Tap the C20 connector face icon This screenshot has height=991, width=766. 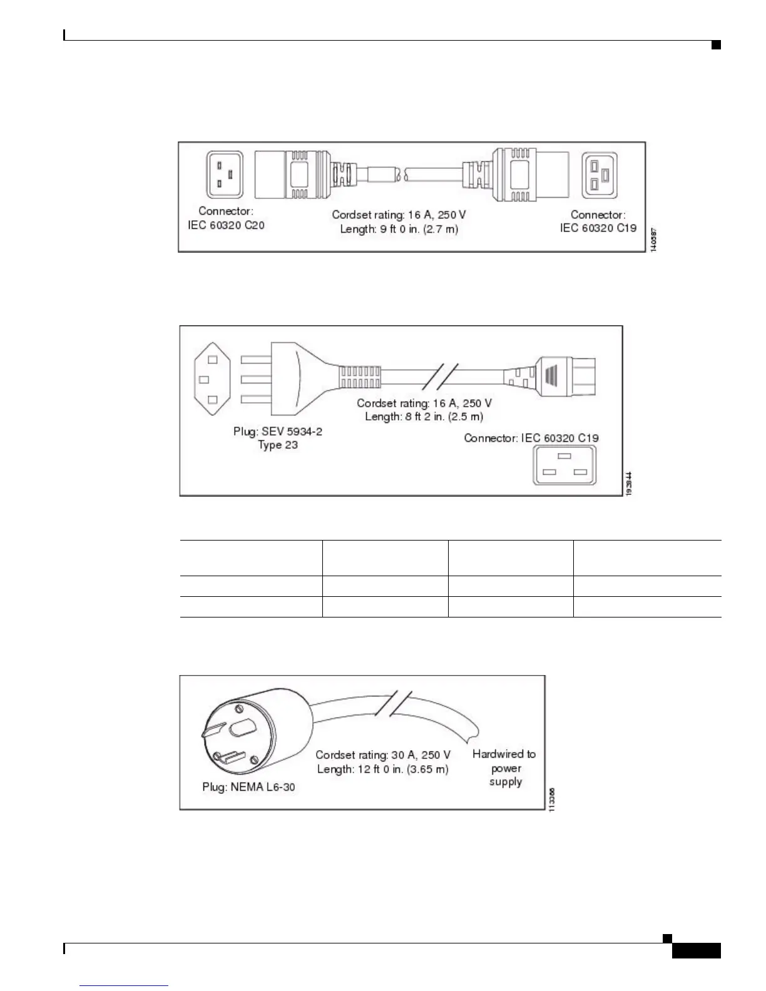tap(224, 175)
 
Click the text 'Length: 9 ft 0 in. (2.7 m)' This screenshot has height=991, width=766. tap(399, 229)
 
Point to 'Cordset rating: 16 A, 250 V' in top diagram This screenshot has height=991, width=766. tap(399, 215)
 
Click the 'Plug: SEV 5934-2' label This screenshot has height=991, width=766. tap(278, 432)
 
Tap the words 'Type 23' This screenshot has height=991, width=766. tap(278, 445)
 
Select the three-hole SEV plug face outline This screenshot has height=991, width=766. tap(212, 380)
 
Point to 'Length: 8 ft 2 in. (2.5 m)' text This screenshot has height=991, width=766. tap(424, 417)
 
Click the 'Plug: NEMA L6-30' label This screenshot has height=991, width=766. tap(248, 787)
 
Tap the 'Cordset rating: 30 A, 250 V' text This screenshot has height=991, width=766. tap(383, 755)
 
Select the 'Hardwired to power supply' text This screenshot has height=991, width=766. tap(504, 768)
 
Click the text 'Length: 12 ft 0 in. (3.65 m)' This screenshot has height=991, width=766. tap(383, 770)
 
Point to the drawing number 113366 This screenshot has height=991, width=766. tap(551, 799)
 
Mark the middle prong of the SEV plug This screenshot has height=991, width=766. tap(255, 380)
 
